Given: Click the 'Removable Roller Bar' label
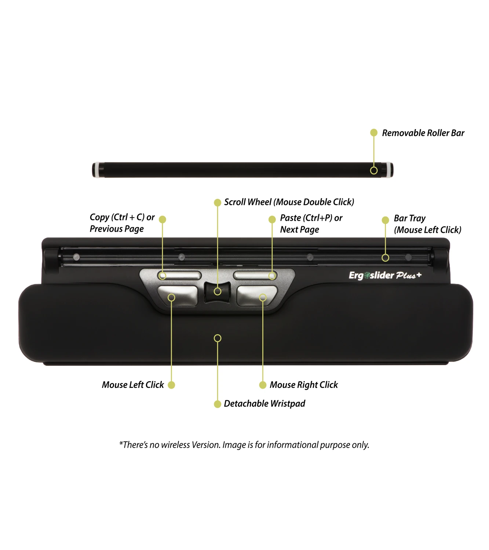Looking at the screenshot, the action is click(x=423, y=133).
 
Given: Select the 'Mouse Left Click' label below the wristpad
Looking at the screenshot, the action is click(x=133, y=385).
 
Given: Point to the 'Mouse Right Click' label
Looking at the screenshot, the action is click(x=304, y=385).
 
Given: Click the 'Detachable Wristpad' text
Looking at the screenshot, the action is click(x=264, y=404).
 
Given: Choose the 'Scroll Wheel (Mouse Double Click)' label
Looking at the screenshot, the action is click(x=289, y=202).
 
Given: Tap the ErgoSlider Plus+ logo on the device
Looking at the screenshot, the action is click(x=385, y=275).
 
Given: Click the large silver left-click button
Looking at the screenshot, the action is click(x=178, y=296).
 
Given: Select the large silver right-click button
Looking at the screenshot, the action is click(x=257, y=296).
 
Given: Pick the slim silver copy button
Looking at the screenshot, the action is click(x=179, y=276).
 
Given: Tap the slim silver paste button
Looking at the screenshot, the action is click(x=255, y=276).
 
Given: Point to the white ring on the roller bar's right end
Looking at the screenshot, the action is click(x=390, y=170).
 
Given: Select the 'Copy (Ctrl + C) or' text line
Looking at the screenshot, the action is click(x=122, y=217).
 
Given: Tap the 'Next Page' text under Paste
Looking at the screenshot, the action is click(x=299, y=230).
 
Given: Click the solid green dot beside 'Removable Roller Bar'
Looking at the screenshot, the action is click(x=374, y=132).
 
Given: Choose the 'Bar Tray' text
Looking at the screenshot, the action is click(x=410, y=218).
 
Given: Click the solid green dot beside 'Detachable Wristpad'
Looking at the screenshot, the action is click(x=217, y=404).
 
